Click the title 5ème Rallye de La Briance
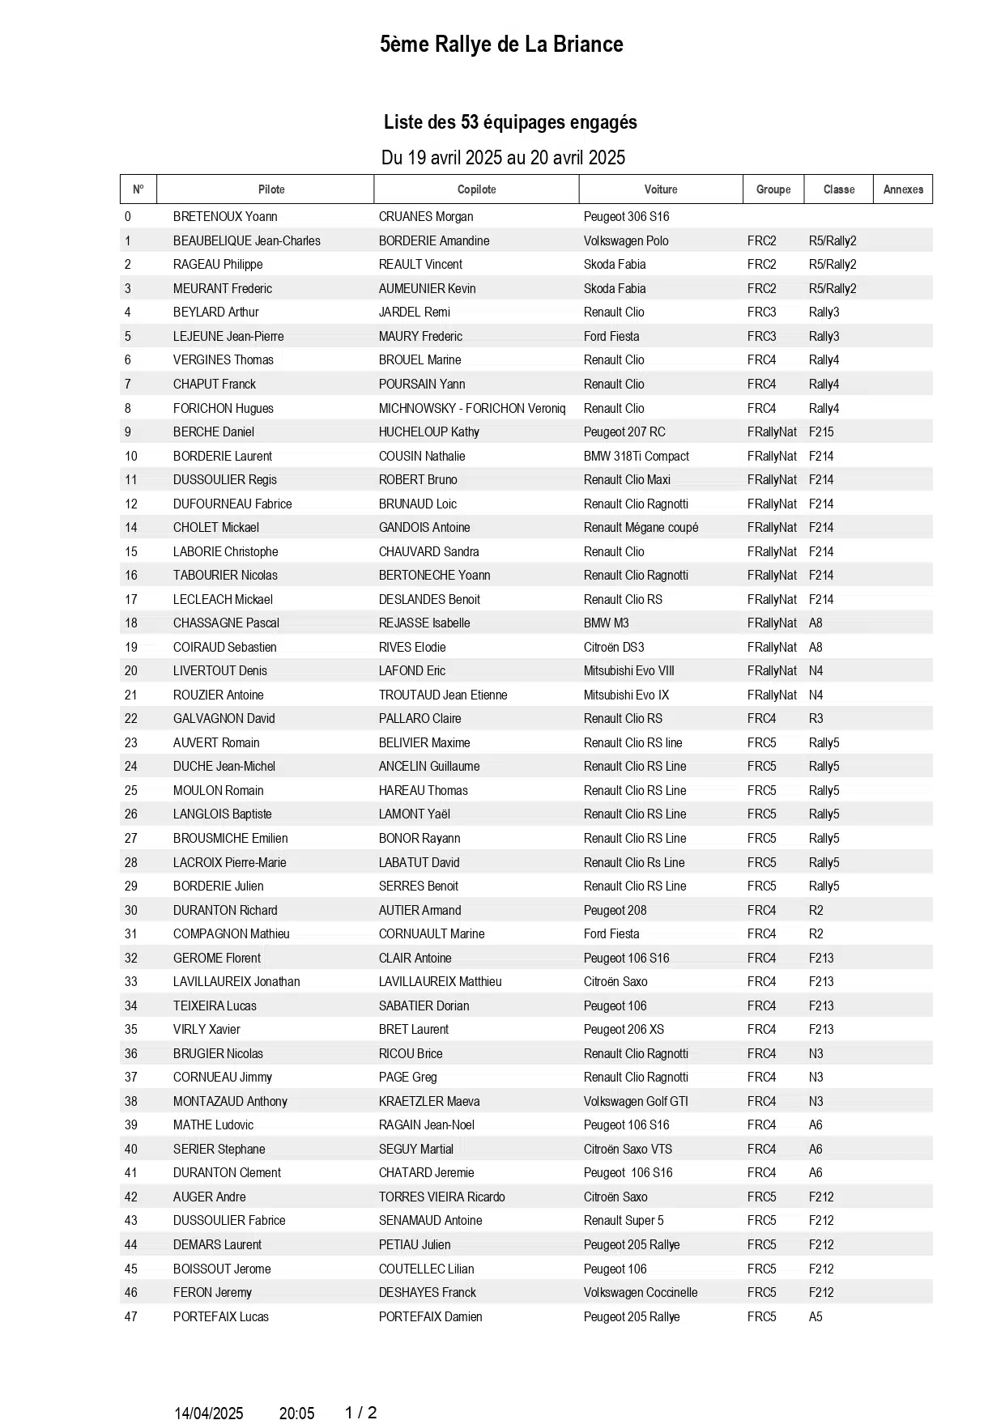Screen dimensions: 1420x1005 click(x=501, y=45)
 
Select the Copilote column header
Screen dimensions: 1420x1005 click(x=476, y=189)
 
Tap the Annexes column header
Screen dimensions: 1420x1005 click(x=903, y=189)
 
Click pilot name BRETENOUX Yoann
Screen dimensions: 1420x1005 click(x=225, y=217)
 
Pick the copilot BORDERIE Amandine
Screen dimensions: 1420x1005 click(x=434, y=241)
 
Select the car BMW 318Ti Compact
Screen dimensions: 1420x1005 click(x=637, y=457)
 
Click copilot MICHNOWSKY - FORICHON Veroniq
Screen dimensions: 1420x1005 click(x=472, y=409)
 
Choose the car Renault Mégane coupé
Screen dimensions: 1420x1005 click(x=641, y=528)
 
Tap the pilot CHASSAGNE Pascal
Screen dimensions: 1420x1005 click(x=226, y=623)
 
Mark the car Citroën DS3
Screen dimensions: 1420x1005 click(x=614, y=648)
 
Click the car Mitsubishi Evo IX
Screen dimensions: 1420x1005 click(x=626, y=695)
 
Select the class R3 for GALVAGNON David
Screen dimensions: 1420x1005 click(x=815, y=719)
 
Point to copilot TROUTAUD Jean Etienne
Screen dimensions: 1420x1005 click(x=443, y=695)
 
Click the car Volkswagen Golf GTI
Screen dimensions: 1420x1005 click(x=636, y=1102)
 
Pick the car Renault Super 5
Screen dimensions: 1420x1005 click(x=624, y=1221)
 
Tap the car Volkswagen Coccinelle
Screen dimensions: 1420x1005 click(x=641, y=1293)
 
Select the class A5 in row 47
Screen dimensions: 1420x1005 click(x=815, y=1317)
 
